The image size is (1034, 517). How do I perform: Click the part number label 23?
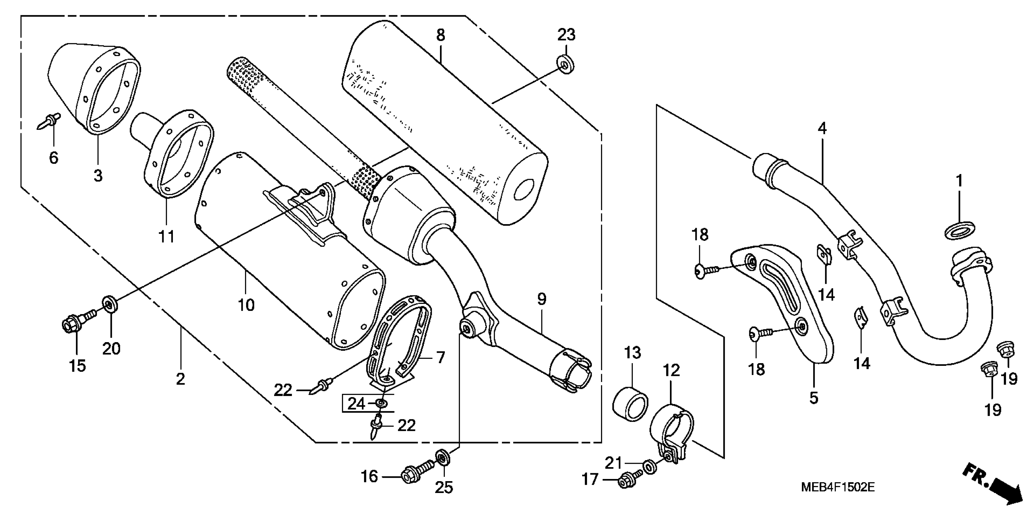point(566,35)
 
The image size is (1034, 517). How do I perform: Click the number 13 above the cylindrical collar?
point(632,353)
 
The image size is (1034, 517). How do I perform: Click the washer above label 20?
point(110,304)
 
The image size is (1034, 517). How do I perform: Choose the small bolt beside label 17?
point(630,479)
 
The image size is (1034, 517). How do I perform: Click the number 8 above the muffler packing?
point(440,35)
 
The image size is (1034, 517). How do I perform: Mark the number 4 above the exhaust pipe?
point(822,129)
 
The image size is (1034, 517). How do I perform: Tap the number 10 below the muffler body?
point(246,305)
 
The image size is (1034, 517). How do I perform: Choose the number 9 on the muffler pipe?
point(541,299)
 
